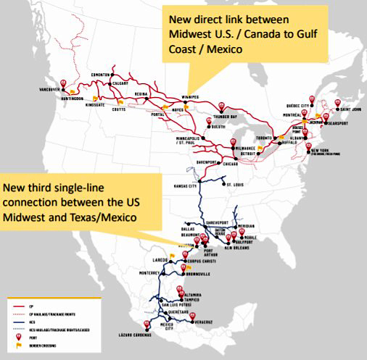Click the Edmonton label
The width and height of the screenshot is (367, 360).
99,75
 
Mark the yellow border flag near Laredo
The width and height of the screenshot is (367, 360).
172,255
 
